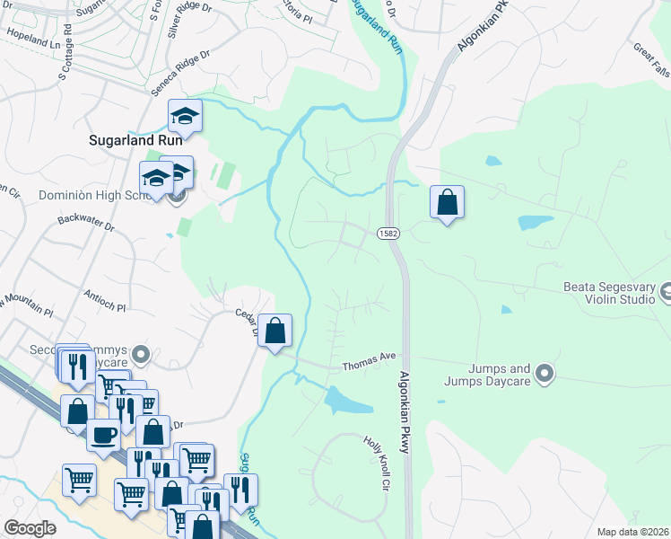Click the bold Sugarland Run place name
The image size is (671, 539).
click(135, 140)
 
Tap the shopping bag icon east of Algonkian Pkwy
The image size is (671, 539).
click(446, 202)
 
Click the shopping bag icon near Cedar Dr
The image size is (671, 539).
click(277, 331)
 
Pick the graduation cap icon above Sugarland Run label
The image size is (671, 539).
click(186, 116)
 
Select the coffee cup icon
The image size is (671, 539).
click(103, 435)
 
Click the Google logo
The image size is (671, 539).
click(29, 528)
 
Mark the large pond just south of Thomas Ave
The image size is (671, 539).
click(347, 401)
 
